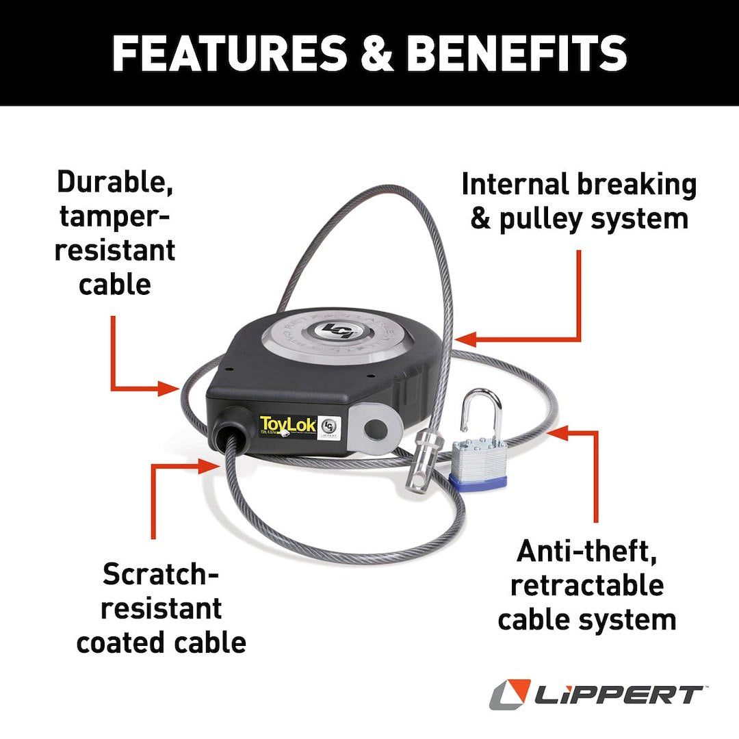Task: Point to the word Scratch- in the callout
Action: pos(161,574)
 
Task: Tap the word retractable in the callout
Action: pos(587,586)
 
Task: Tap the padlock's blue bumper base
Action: pos(478,482)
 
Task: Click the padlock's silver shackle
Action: pos(480,413)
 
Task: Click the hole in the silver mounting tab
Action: pos(374,430)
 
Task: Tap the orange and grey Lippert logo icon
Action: pos(510,695)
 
